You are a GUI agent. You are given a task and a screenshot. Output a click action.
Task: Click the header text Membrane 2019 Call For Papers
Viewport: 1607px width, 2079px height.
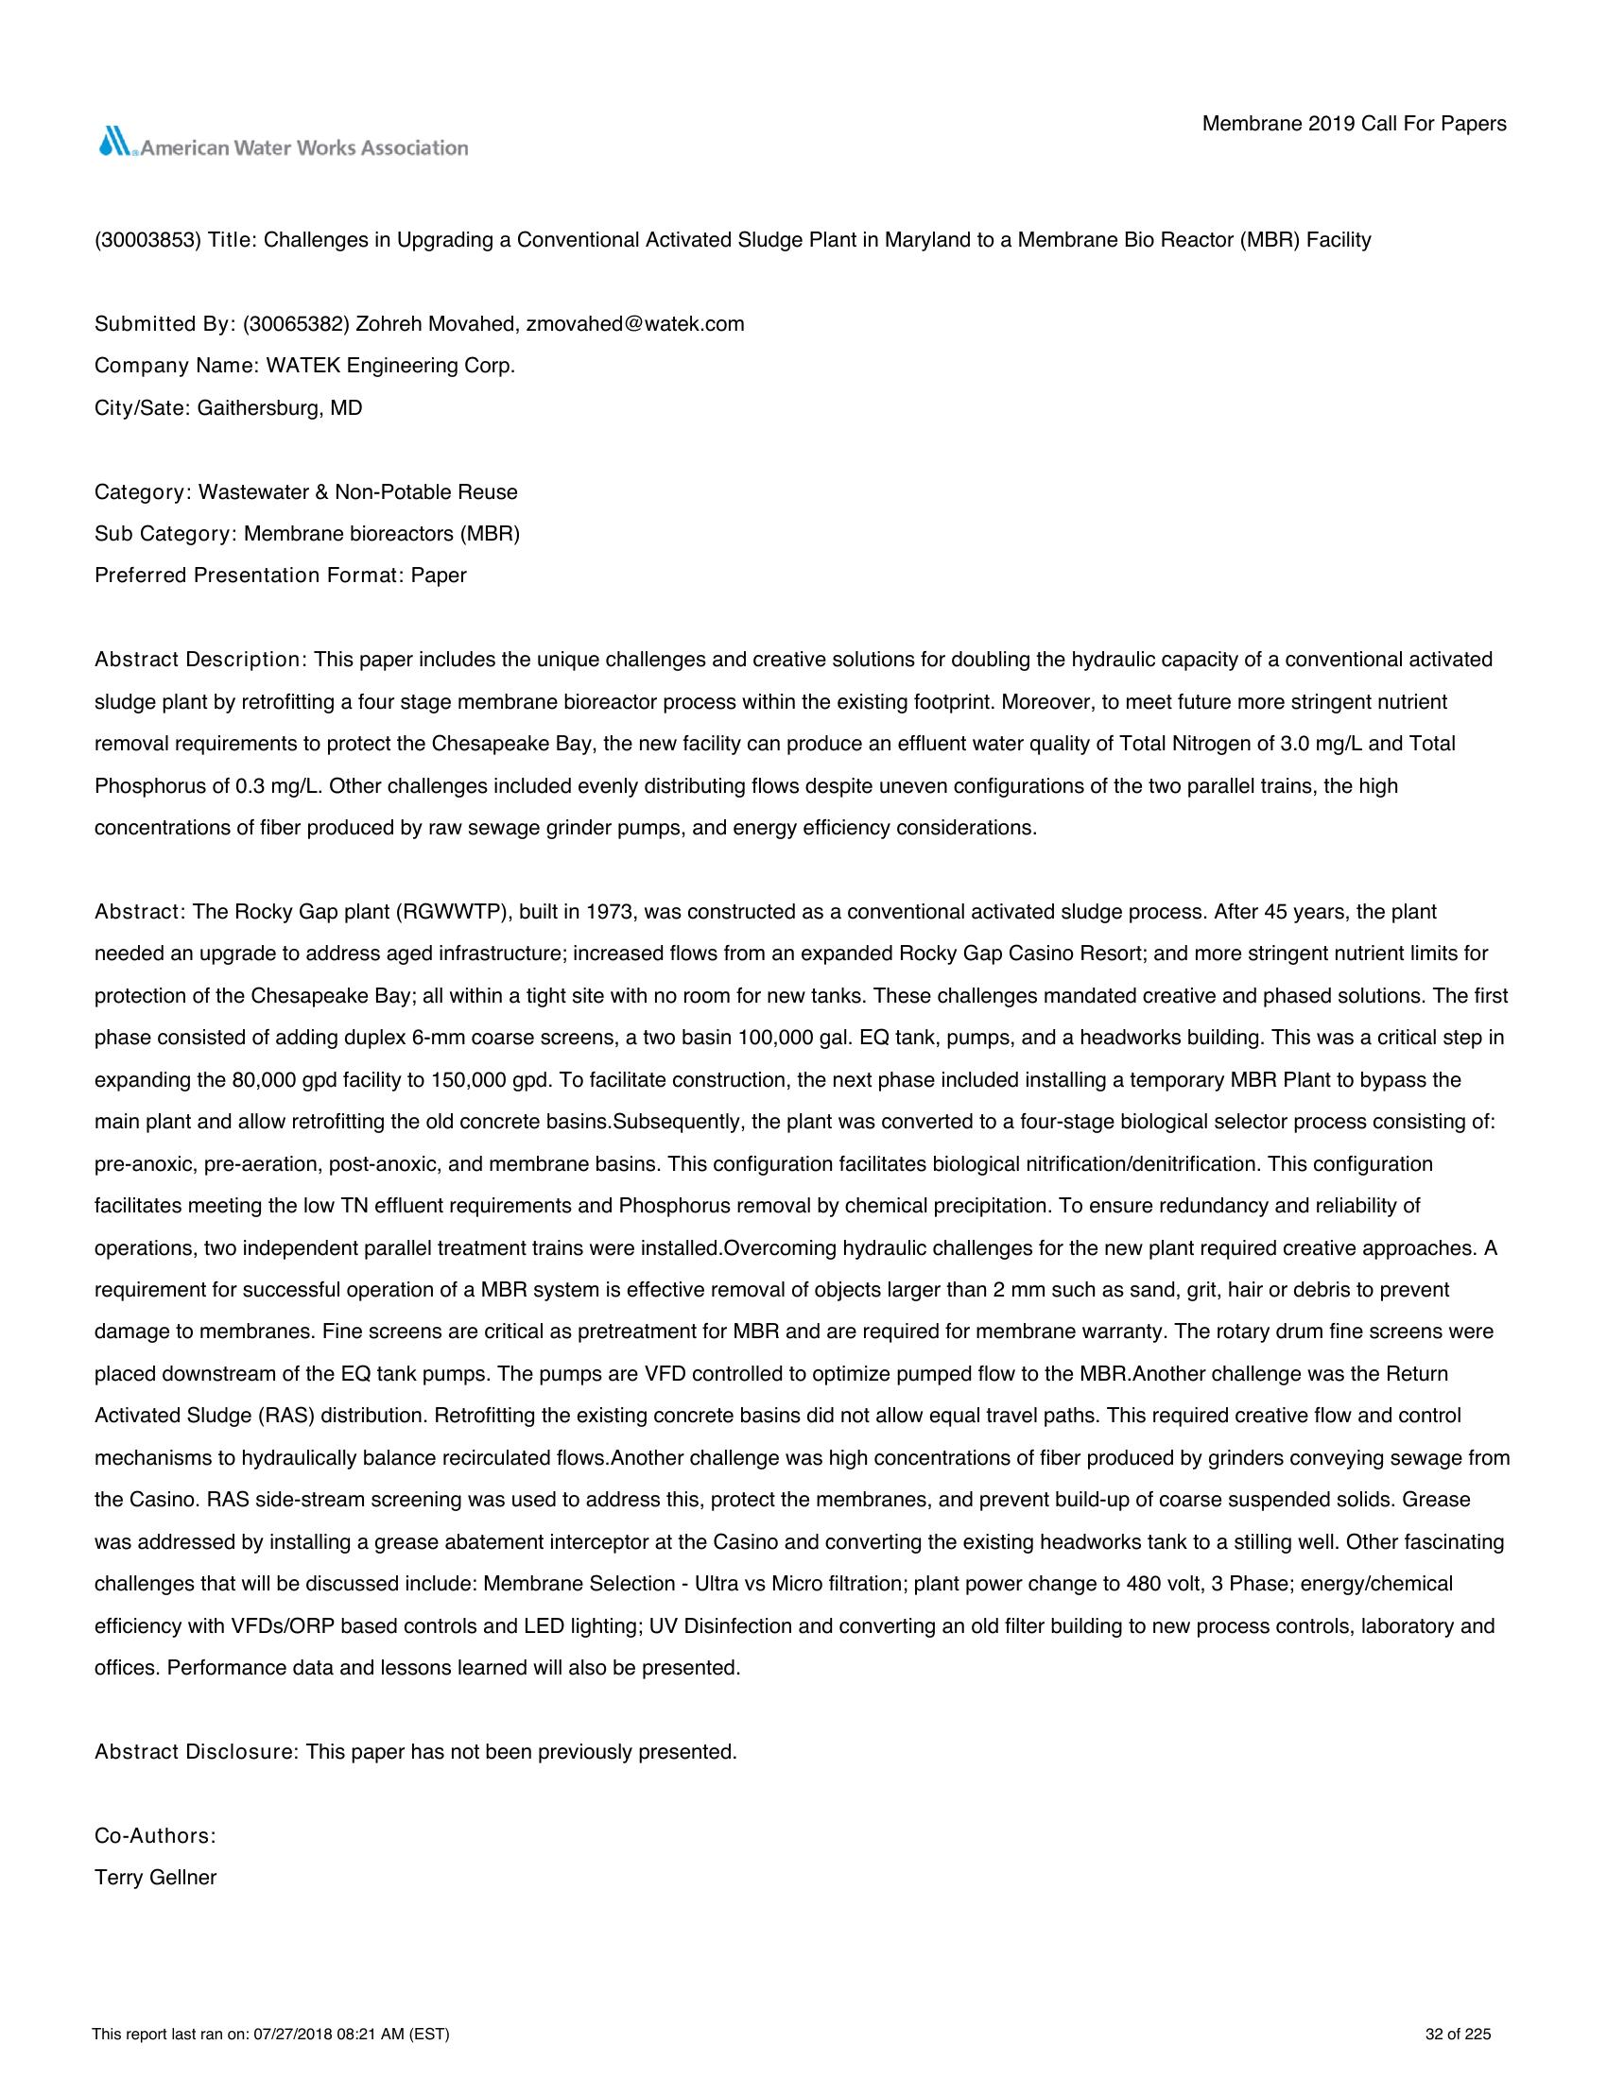pos(1354,124)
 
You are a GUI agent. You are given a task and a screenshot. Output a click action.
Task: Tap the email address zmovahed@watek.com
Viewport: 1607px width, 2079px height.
pos(635,324)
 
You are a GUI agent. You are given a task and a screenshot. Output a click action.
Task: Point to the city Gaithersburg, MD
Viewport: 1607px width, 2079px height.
pos(280,408)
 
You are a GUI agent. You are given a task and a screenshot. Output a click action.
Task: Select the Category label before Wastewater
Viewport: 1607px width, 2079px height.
pos(143,492)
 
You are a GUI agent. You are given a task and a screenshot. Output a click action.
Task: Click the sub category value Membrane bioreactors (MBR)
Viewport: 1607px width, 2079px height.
pos(382,534)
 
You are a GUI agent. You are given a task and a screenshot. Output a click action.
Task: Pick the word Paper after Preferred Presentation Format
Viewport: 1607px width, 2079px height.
pos(439,576)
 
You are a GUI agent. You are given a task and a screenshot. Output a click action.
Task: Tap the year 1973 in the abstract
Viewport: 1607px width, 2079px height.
pos(611,912)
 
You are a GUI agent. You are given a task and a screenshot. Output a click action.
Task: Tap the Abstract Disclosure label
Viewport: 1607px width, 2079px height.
pos(196,1751)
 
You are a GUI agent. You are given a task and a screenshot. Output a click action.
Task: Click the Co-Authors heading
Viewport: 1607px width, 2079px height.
pos(155,1835)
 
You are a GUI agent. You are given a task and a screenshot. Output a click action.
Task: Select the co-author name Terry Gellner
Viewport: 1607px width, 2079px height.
pos(156,1878)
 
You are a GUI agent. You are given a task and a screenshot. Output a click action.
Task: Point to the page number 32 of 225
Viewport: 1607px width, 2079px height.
pos(1458,2036)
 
